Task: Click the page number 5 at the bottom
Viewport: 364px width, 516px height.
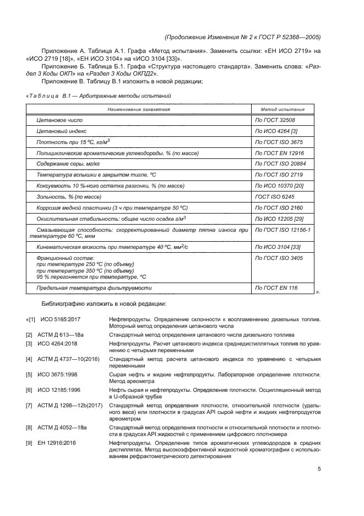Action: click(319, 469)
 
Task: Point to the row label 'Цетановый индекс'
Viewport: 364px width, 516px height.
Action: click(61, 131)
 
